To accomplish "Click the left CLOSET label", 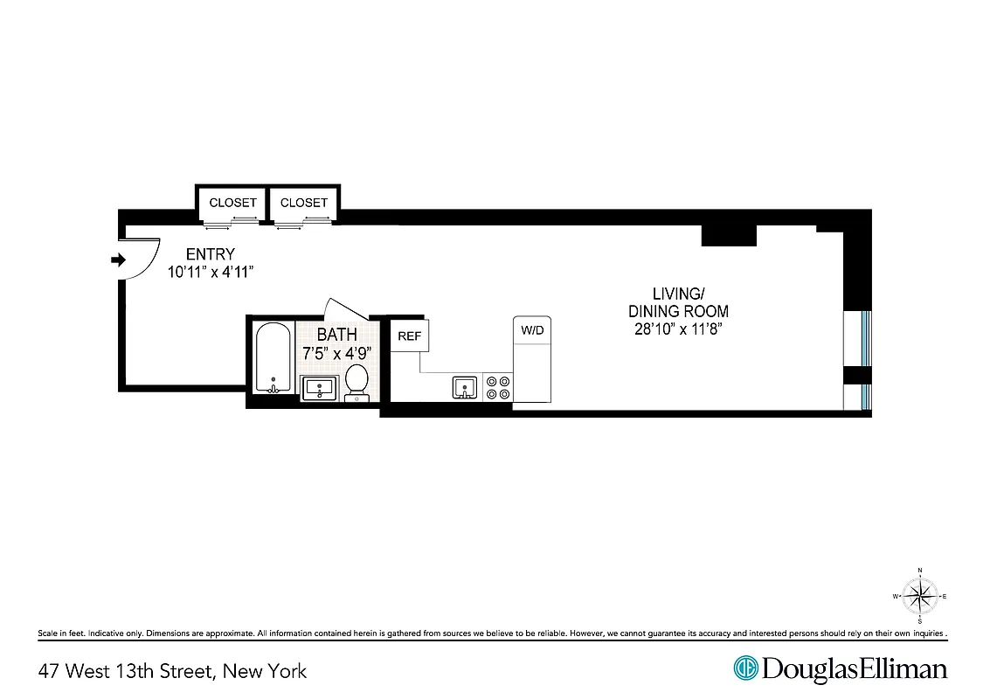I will tap(233, 203).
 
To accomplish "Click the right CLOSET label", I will tap(304, 203).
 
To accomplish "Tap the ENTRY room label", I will tap(211, 254).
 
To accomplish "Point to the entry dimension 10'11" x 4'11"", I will tap(211, 271).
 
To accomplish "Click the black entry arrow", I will tap(119, 259).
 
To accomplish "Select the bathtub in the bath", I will tap(273, 358).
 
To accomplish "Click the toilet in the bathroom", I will tap(357, 381).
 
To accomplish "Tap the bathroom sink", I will tap(319, 387).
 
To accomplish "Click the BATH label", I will tap(336, 335).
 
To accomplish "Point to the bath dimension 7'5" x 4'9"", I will tap(336, 353).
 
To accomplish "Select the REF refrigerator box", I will tap(409, 336).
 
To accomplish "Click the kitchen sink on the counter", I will tap(465, 386).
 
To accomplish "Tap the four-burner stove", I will tap(498, 387).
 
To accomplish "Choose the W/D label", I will tap(532, 330).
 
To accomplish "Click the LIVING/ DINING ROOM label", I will tap(678, 302).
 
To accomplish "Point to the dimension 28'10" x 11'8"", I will tap(678, 329).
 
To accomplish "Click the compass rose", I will tap(920, 597).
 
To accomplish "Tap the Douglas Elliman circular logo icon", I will tap(746, 669).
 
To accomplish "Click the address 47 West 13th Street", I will tap(172, 671).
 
